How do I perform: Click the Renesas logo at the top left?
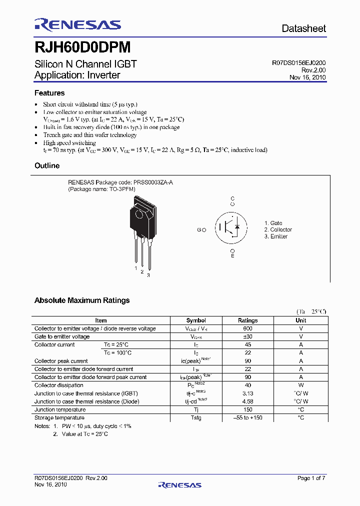click(x=77, y=25)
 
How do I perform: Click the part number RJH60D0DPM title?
click(x=82, y=47)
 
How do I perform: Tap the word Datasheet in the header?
click(x=303, y=28)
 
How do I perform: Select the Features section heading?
click(x=49, y=93)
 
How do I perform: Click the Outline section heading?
click(x=47, y=165)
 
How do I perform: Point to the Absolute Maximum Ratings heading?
click(x=82, y=300)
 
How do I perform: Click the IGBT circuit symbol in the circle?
click(x=232, y=227)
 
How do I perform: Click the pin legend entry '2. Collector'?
click(x=277, y=229)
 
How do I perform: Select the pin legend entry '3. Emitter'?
click(x=275, y=236)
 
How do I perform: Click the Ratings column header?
click(x=247, y=320)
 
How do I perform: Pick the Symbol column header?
click(x=196, y=320)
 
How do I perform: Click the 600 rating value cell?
click(x=247, y=328)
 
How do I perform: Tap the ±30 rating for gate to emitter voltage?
click(x=247, y=336)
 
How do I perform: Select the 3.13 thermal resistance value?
click(x=247, y=393)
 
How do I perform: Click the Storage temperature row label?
click(x=59, y=417)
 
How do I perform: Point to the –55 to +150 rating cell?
click(x=247, y=417)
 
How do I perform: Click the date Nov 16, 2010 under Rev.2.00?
click(x=307, y=77)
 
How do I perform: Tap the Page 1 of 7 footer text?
click(x=311, y=478)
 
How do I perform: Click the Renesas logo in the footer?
click(x=179, y=484)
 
